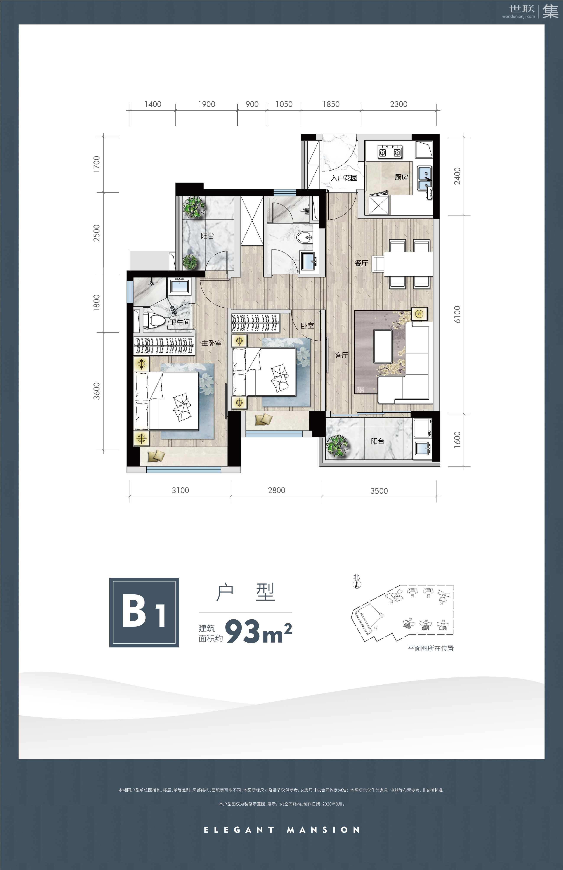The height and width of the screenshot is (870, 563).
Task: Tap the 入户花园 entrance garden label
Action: [x=344, y=178]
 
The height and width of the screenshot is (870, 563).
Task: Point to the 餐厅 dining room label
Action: [x=361, y=263]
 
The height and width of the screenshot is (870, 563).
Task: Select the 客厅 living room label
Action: [x=341, y=355]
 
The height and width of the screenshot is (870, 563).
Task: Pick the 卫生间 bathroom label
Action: [x=180, y=322]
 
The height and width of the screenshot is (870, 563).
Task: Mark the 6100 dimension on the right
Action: [x=457, y=314]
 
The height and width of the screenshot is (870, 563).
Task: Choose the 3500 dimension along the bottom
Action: [x=379, y=491]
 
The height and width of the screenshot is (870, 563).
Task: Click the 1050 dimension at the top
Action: [x=284, y=104]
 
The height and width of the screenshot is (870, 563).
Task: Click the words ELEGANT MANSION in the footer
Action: [x=282, y=830]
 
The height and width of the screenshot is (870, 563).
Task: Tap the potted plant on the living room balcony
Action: [x=337, y=446]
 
